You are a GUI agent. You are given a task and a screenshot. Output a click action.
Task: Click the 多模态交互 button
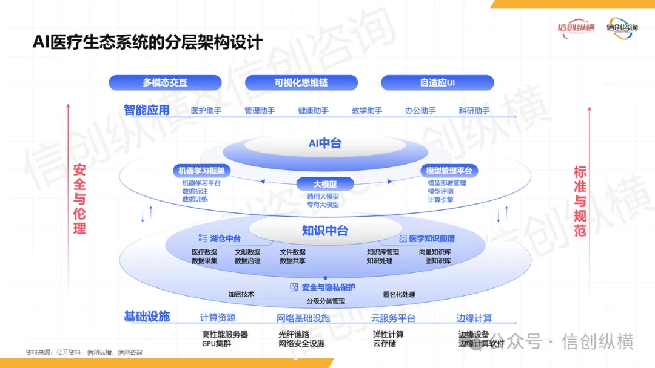tap(165, 82)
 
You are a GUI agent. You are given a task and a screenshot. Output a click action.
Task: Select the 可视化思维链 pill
tap(301, 82)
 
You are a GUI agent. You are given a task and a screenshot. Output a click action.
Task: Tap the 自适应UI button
tap(437, 82)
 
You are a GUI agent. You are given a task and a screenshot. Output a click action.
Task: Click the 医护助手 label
tap(206, 111)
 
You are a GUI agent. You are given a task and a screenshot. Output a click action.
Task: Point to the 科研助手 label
tap(474, 111)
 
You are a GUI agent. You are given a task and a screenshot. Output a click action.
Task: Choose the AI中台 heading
tap(325, 143)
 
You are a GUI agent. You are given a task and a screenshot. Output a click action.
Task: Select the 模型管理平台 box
tap(449, 171)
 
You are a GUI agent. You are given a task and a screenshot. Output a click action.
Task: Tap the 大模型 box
tap(325, 184)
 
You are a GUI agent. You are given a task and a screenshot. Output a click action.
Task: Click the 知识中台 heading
tap(325, 231)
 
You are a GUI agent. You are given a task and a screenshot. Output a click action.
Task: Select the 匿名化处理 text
tap(399, 295)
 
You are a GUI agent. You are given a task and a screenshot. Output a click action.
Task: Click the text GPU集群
tap(217, 343)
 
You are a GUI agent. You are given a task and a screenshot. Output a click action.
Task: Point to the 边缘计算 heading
tap(474, 318)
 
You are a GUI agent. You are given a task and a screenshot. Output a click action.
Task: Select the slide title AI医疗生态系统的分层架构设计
tap(148, 42)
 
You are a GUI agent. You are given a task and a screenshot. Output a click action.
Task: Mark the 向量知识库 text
tap(435, 252)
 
